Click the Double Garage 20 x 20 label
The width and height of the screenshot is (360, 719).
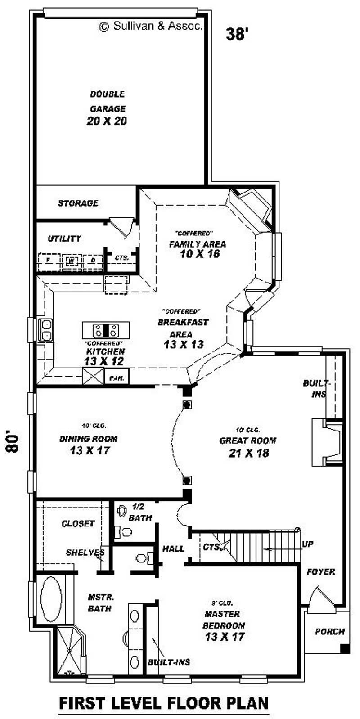pos(107,108)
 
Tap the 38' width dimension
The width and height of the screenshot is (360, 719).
pos(237,34)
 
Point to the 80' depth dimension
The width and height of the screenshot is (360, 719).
pos(14,443)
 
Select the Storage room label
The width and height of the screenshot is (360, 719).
pos(78,203)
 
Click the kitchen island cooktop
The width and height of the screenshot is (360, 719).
pos(106,330)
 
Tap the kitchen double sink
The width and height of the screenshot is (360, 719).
pos(46,329)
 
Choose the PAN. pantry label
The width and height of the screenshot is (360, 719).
pos(117,377)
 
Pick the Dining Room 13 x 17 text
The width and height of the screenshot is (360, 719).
pos(89,445)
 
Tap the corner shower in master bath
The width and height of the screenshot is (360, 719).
pos(69,653)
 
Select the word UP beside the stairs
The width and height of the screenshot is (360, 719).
pos(308,544)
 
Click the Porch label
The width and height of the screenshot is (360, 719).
pos(330,631)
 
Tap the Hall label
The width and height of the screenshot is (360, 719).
pos(173,548)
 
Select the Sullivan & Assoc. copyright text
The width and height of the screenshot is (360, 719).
pos(151,26)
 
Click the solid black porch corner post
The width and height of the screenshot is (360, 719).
pos(345,648)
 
